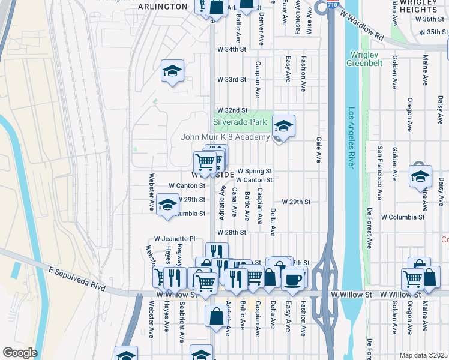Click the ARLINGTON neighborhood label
coord(163,7)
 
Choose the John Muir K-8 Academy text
coord(226,137)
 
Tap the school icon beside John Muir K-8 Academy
coord(283,127)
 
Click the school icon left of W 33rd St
coord(172,71)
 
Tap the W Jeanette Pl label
coord(175,238)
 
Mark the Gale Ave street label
coord(319,149)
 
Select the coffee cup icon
coord(293,278)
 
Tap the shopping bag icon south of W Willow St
coord(217,317)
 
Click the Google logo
coord(20,353)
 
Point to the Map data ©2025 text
coord(423,355)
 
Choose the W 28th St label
coord(232,232)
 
